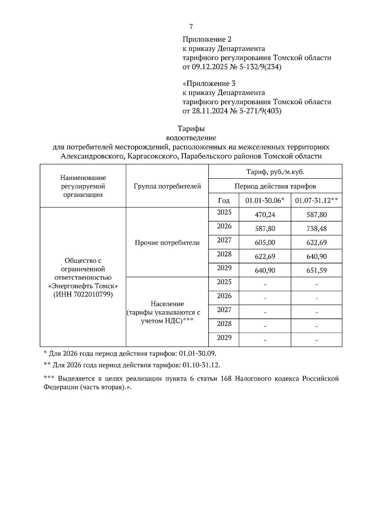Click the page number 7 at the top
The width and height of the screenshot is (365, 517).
pyautogui.click(x=191, y=27)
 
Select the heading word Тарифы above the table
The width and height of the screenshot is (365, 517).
pyautogui.click(x=191, y=129)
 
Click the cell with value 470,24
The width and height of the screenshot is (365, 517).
pyautogui.click(x=265, y=215)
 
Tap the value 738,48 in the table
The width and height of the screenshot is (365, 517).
pyautogui.click(x=317, y=229)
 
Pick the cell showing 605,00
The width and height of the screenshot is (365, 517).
pyautogui.click(x=265, y=243)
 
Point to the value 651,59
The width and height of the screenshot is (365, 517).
pyautogui.click(x=317, y=270)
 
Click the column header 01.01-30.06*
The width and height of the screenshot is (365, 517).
pyautogui.click(x=265, y=201)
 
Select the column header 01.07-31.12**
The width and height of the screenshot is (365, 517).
pyautogui.click(x=317, y=201)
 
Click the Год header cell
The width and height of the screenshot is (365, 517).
pyautogui.click(x=224, y=201)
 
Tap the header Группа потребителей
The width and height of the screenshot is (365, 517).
pyautogui.click(x=167, y=186)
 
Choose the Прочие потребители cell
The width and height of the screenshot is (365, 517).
pyautogui.click(x=167, y=243)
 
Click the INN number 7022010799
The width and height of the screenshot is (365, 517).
pyautogui.click(x=93, y=295)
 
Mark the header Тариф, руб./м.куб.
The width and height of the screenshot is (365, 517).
pyautogui.click(x=275, y=172)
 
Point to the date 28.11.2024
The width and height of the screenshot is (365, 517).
pyautogui.click(x=210, y=111)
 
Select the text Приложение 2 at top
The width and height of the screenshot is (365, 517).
pyautogui.click(x=207, y=40)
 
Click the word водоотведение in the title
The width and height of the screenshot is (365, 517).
pyautogui.click(x=191, y=138)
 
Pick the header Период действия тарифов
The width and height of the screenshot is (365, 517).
pyautogui.click(x=275, y=186)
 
